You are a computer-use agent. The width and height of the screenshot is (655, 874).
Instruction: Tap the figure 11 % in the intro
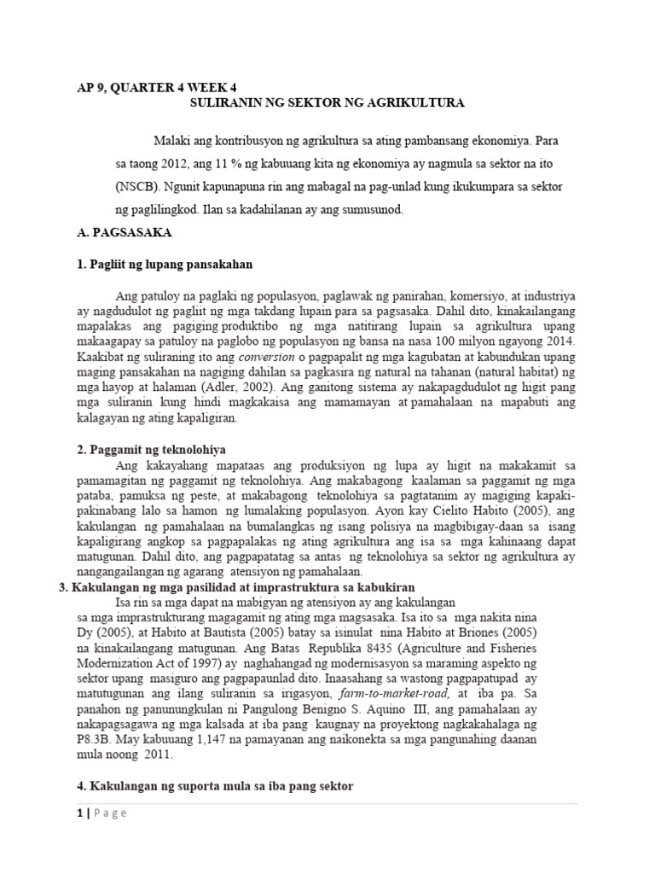[x=231, y=162]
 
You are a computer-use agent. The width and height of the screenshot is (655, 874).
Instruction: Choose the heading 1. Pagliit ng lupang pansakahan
[x=165, y=265]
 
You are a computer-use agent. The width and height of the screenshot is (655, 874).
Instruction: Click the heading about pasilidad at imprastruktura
[x=236, y=588]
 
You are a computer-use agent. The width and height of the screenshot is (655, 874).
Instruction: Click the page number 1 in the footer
[x=79, y=813]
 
